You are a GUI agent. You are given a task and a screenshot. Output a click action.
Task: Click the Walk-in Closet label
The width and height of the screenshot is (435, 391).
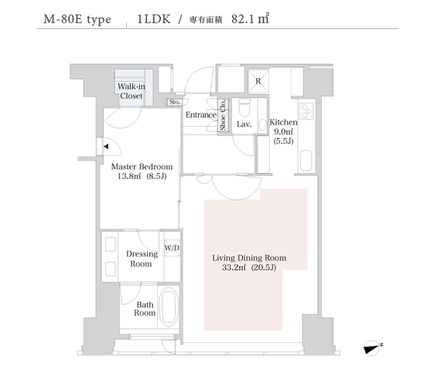131,91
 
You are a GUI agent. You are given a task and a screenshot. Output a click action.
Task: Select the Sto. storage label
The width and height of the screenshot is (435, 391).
175,102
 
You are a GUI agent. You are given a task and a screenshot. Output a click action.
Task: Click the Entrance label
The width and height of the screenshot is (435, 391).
201,114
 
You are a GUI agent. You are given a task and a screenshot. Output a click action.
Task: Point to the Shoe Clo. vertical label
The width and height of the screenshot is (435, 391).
223,114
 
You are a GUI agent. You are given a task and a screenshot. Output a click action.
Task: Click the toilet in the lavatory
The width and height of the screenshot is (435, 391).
244,107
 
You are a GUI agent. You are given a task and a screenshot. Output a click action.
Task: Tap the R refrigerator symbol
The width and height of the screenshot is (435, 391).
258,81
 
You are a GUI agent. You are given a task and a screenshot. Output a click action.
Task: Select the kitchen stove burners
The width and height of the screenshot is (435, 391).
306,111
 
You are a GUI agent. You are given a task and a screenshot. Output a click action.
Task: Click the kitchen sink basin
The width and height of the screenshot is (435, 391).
306,161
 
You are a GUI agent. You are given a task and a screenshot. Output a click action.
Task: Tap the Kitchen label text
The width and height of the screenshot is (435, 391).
283,122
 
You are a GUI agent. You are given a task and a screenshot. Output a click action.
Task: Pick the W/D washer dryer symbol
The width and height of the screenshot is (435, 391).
172,248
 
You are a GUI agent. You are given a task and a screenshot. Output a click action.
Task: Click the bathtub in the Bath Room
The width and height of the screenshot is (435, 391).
169,307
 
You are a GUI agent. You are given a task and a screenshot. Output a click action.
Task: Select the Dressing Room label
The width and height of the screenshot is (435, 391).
142,258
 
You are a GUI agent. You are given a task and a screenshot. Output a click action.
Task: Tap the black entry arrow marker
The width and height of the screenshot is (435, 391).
106,146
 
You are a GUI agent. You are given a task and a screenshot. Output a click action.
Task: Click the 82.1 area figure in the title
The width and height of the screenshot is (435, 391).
242,19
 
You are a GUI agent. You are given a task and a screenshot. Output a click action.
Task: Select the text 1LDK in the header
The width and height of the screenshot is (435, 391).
154,19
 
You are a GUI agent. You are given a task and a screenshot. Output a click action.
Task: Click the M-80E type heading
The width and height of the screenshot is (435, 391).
77,20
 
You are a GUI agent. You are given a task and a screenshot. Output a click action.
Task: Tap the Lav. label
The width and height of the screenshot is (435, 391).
244,124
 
